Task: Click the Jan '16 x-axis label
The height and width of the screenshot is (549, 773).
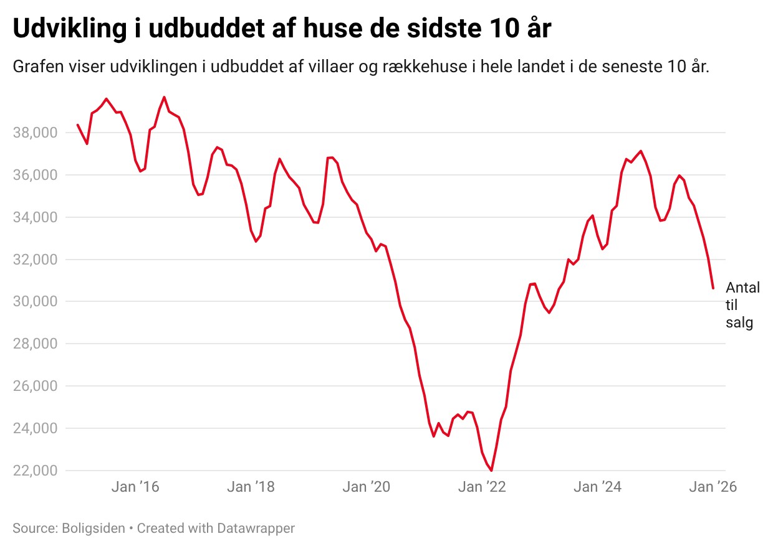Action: coord(135,487)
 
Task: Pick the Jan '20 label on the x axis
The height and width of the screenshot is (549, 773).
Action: coord(366,487)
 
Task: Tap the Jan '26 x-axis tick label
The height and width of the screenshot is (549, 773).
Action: coord(713,487)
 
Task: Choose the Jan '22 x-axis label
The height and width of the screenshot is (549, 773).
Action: coord(482,487)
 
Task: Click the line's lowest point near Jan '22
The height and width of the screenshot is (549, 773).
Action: coord(491,470)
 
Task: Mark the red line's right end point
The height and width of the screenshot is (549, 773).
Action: coord(713,288)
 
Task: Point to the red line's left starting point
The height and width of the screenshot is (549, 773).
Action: coord(77,124)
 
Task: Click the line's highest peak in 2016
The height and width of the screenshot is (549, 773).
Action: coord(164,97)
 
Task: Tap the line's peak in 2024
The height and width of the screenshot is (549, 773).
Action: coord(641,151)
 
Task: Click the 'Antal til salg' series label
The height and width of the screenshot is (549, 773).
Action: coord(742,305)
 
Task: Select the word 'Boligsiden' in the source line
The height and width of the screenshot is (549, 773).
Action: coord(93,528)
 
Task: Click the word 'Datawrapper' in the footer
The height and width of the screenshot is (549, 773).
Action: coord(256,528)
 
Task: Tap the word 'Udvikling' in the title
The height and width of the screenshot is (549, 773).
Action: coord(70,28)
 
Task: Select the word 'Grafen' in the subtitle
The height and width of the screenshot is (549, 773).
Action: coord(38,67)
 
